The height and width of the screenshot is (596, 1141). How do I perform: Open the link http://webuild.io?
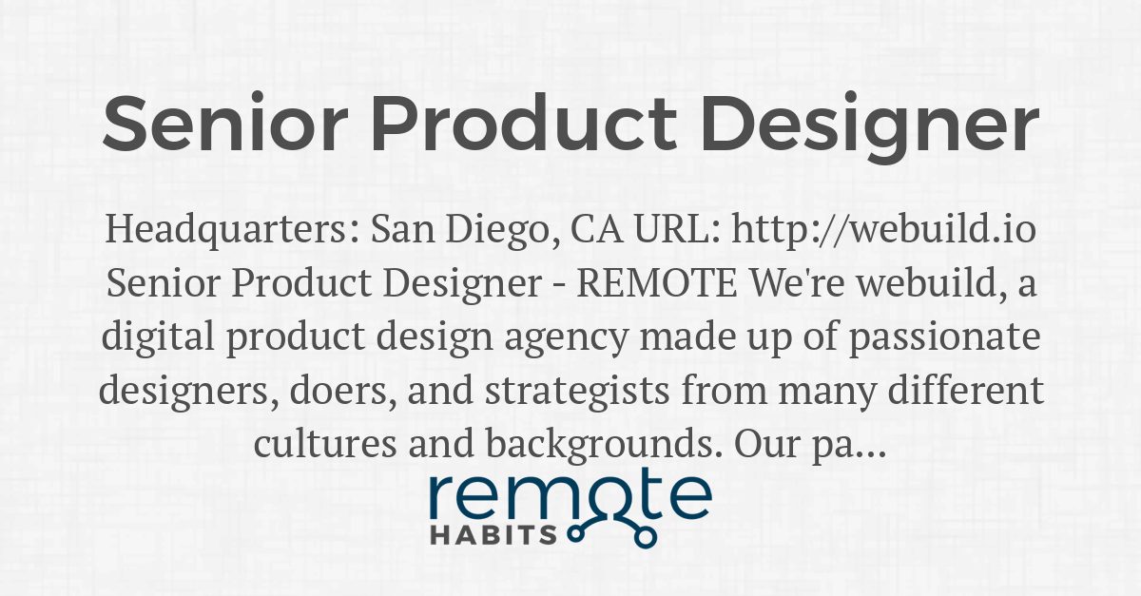pos(885,230)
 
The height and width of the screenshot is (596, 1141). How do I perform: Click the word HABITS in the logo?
pos(493,534)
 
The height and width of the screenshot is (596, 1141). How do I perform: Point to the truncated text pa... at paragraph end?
pos(850,445)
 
